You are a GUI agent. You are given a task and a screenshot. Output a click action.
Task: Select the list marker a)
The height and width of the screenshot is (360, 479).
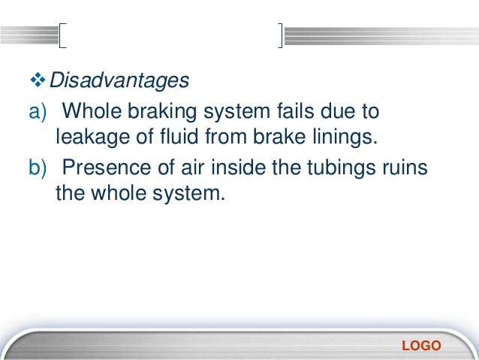[x=39, y=113]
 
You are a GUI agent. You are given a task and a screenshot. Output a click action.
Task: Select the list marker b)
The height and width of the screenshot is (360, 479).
[x=39, y=168]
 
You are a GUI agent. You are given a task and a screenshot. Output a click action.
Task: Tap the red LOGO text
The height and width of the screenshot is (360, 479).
[x=421, y=346]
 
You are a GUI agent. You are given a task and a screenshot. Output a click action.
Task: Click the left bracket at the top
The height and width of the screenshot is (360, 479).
[x=62, y=35]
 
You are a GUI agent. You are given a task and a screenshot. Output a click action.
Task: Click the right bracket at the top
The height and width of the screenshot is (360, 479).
[x=280, y=35]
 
